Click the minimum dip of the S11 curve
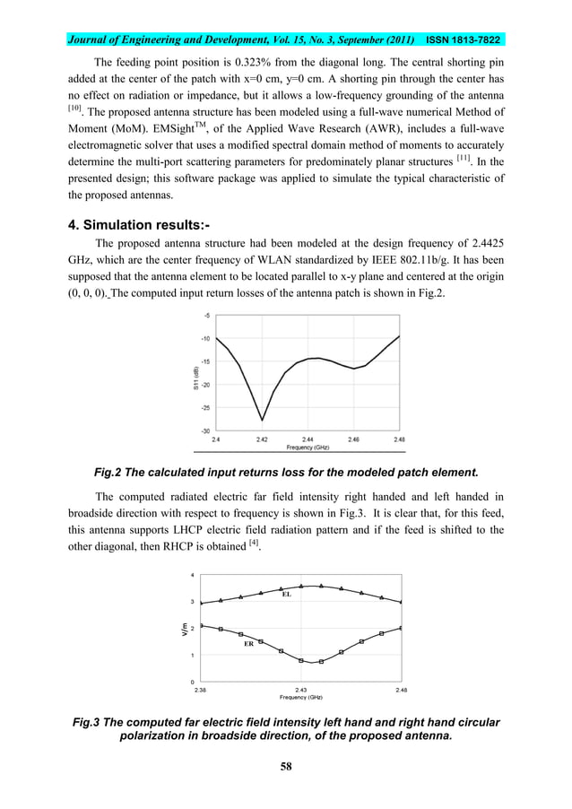click(x=262, y=420)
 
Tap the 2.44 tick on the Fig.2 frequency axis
click(x=308, y=439)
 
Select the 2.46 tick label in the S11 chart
click(x=354, y=439)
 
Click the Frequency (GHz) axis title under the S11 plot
click(x=308, y=447)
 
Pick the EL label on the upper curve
click(x=287, y=594)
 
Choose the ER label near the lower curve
click(x=248, y=644)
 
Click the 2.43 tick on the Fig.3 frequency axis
click(x=300, y=690)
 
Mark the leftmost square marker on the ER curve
click(x=201, y=625)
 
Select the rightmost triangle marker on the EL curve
click(x=400, y=602)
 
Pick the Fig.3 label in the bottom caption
click(x=90, y=722)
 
